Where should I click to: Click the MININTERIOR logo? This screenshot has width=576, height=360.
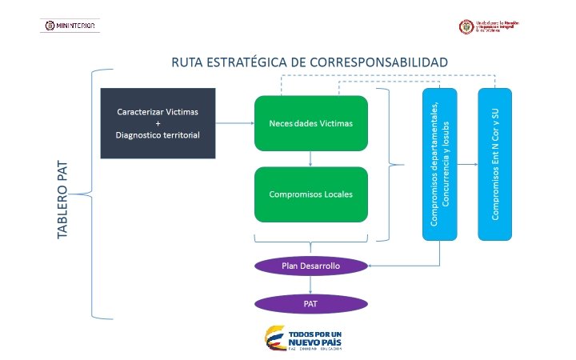pyautogui.click(x=70, y=26)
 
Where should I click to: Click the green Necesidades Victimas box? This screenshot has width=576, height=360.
pyautogui.click(x=310, y=123)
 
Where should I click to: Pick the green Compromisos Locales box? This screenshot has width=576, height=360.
pyautogui.click(x=310, y=194)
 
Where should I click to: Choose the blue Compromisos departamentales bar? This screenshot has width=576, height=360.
pyautogui.click(x=440, y=163)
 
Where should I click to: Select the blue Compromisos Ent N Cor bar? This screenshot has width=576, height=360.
pyautogui.click(x=495, y=163)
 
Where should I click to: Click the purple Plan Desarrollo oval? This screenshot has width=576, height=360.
pyautogui.click(x=310, y=265)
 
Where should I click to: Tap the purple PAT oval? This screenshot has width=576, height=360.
pyautogui.click(x=310, y=304)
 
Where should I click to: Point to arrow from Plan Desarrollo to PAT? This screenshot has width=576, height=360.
pyautogui.click(x=310, y=285)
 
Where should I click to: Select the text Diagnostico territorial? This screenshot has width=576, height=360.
pyautogui.click(x=158, y=134)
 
